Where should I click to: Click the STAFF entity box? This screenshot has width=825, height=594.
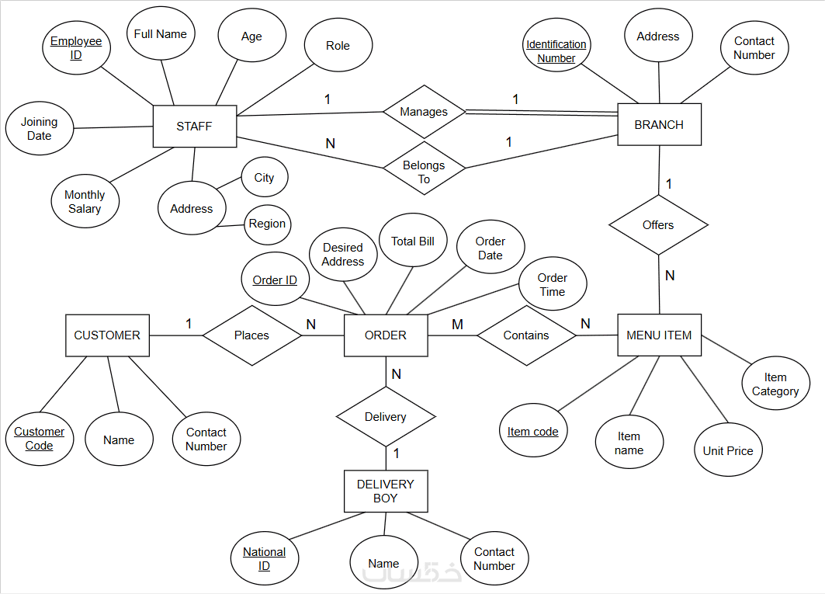click(x=195, y=127)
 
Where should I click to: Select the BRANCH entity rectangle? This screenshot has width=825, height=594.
click(x=659, y=124)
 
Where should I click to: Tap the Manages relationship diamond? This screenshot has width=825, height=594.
click(x=424, y=112)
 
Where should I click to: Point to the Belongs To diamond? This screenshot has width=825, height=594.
click(x=424, y=168)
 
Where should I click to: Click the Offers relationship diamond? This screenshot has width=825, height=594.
click(x=658, y=225)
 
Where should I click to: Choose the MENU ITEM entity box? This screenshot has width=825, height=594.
click(x=659, y=335)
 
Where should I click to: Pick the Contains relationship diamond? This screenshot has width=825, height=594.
click(x=526, y=335)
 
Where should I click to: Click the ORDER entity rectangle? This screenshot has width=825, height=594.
click(x=386, y=335)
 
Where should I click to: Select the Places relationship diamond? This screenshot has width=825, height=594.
click(x=252, y=335)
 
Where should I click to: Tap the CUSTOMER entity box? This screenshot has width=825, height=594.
click(x=107, y=335)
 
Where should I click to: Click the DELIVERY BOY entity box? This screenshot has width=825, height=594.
click(x=386, y=491)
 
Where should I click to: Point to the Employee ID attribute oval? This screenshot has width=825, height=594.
click(x=76, y=48)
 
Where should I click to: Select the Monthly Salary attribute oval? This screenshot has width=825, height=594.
click(x=85, y=201)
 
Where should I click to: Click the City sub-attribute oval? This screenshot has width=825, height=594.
click(x=265, y=178)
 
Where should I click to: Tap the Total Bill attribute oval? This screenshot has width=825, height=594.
click(x=413, y=240)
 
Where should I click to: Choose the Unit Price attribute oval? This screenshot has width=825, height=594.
click(x=728, y=450)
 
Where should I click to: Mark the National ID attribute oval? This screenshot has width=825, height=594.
click(x=265, y=558)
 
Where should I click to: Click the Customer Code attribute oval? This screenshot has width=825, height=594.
click(x=40, y=439)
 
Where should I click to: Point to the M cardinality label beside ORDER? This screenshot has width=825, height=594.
click(x=457, y=325)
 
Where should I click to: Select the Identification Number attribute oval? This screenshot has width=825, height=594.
click(x=556, y=45)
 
